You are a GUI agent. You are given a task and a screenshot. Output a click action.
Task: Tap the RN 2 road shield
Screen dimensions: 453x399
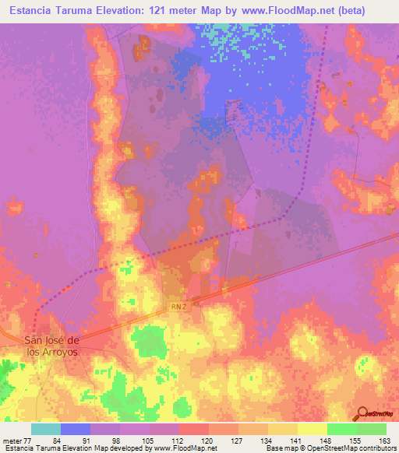pos(178,307)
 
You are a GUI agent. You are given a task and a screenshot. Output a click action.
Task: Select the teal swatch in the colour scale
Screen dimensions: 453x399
pos(46,429)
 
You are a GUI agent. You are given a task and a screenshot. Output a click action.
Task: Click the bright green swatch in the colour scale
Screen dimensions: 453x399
pos(341,429)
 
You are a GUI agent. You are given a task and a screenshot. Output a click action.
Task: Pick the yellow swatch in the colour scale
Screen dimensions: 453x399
pos(282,429)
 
